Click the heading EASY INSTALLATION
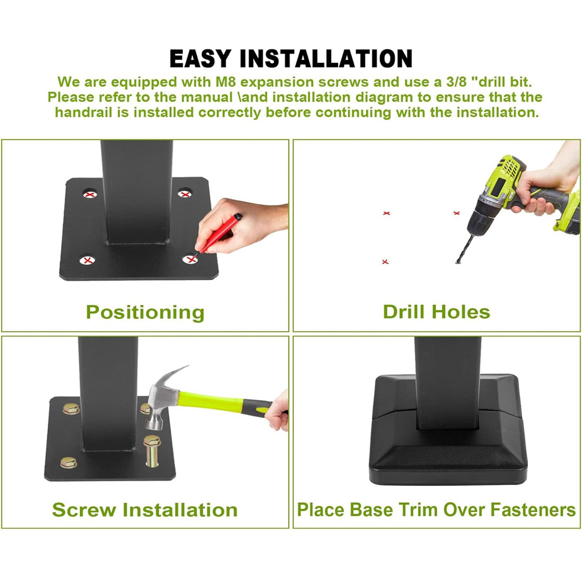point(290,58)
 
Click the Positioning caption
point(145,313)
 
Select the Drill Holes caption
point(436,312)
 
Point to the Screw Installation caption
point(145,510)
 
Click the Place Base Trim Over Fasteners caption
point(436,510)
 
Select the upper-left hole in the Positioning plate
point(90,194)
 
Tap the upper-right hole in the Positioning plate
point(185,193)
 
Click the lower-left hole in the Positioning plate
point(88,260)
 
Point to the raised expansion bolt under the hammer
point(152,450)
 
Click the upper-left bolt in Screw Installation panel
point(71,409)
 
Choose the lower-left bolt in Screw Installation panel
point(69,463)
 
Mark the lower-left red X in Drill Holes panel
point(385,262)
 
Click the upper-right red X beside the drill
point(456,213)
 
